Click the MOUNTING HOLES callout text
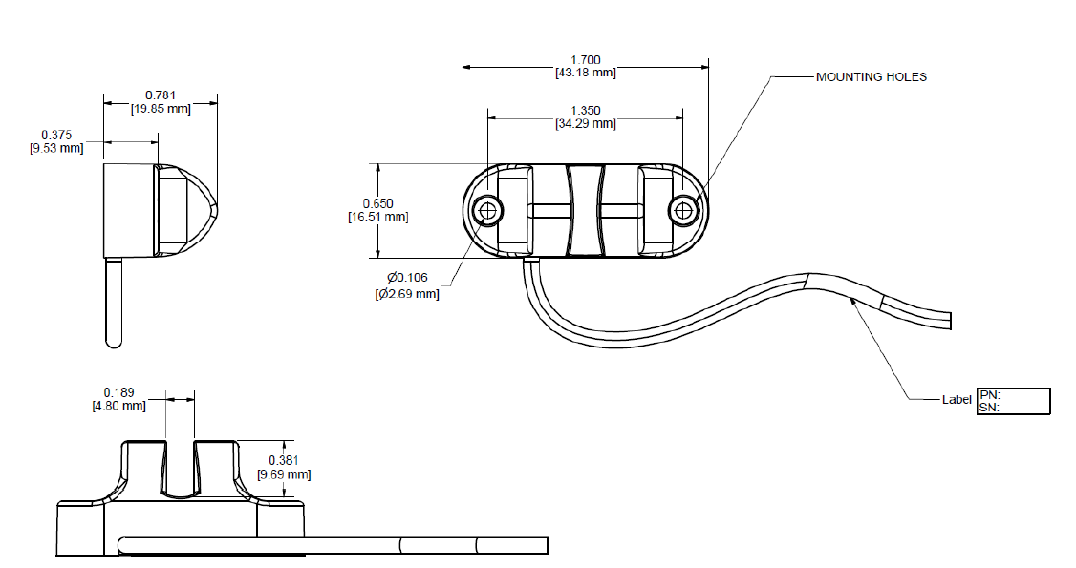point(871,76)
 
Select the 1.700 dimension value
point(585,60)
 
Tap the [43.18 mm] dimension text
point(585,73)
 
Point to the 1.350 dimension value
point(585,111)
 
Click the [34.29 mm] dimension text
point(585,123)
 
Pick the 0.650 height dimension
point(377,203)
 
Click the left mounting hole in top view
point(489,211)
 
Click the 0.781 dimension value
point(161,95)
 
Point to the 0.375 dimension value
point(57,135)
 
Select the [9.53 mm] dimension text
point(57,148)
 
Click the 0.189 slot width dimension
point(118,391)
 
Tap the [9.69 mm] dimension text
point(284,473)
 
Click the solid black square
point(1024,536)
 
